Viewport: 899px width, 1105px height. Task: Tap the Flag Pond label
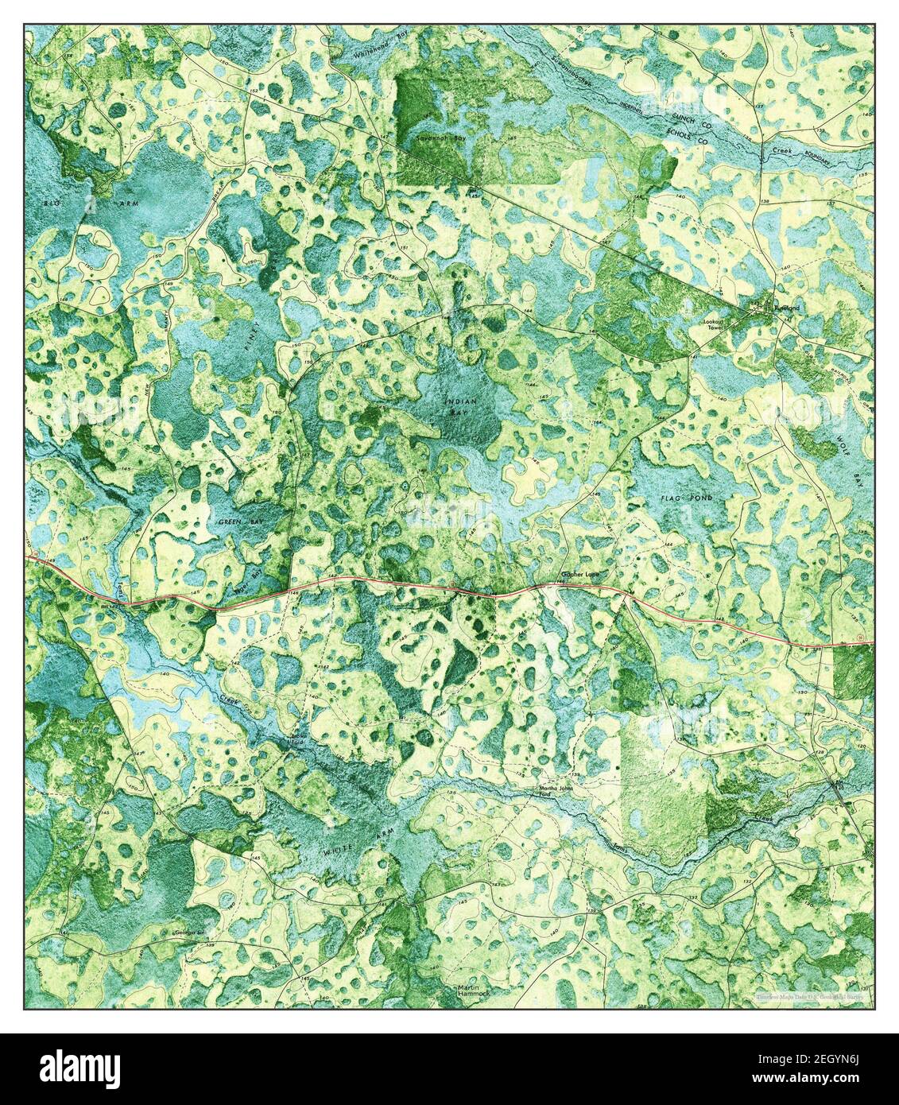click(686, 498)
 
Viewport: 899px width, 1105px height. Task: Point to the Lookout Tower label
click(715, 325)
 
